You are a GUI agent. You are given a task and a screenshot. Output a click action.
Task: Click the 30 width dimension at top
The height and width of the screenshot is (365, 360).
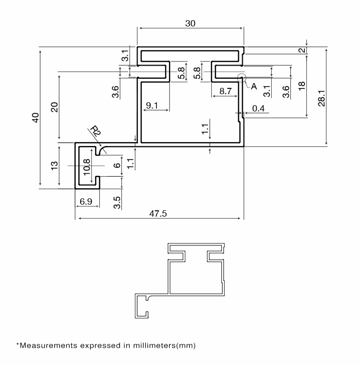tap(190, 24)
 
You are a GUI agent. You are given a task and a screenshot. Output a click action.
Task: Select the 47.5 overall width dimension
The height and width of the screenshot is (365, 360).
tap(158, 213)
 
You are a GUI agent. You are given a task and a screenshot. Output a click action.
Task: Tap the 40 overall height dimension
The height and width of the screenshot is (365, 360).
tap(36, 118)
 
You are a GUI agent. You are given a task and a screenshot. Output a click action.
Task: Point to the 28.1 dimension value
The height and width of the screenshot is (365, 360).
tap(322, 98)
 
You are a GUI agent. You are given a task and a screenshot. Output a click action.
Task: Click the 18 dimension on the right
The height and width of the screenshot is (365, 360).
tap(301, 86)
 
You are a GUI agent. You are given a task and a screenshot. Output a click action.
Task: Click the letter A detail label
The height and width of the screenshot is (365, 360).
tap(254, 86)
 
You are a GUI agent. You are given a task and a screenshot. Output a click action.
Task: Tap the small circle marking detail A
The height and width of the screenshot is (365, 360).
tap(242, 78)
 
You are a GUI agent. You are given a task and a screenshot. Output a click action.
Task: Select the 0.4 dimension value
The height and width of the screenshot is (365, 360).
tap(258, 109)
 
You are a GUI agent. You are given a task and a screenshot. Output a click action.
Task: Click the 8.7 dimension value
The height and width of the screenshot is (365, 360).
tap(226, 91)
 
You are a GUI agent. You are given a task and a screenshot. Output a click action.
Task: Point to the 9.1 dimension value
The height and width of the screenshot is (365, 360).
tap(152, 106)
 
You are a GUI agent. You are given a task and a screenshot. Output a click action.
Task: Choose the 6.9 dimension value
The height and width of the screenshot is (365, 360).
tap(86, 201)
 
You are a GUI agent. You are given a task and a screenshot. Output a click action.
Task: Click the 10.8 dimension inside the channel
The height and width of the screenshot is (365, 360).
tap(86, 167)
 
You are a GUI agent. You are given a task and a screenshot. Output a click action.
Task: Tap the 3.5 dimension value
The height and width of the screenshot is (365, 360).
tap(117, 203)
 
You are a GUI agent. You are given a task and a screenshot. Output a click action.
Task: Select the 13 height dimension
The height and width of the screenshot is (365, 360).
tap(54, 166)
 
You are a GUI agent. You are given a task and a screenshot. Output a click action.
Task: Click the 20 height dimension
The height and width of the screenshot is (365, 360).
tap(54, 107)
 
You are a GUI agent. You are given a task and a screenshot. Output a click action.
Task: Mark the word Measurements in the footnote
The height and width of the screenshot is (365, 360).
tap(48, 345)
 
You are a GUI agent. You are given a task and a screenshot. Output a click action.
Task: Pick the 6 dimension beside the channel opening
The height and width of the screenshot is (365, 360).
tap(117, 165)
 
